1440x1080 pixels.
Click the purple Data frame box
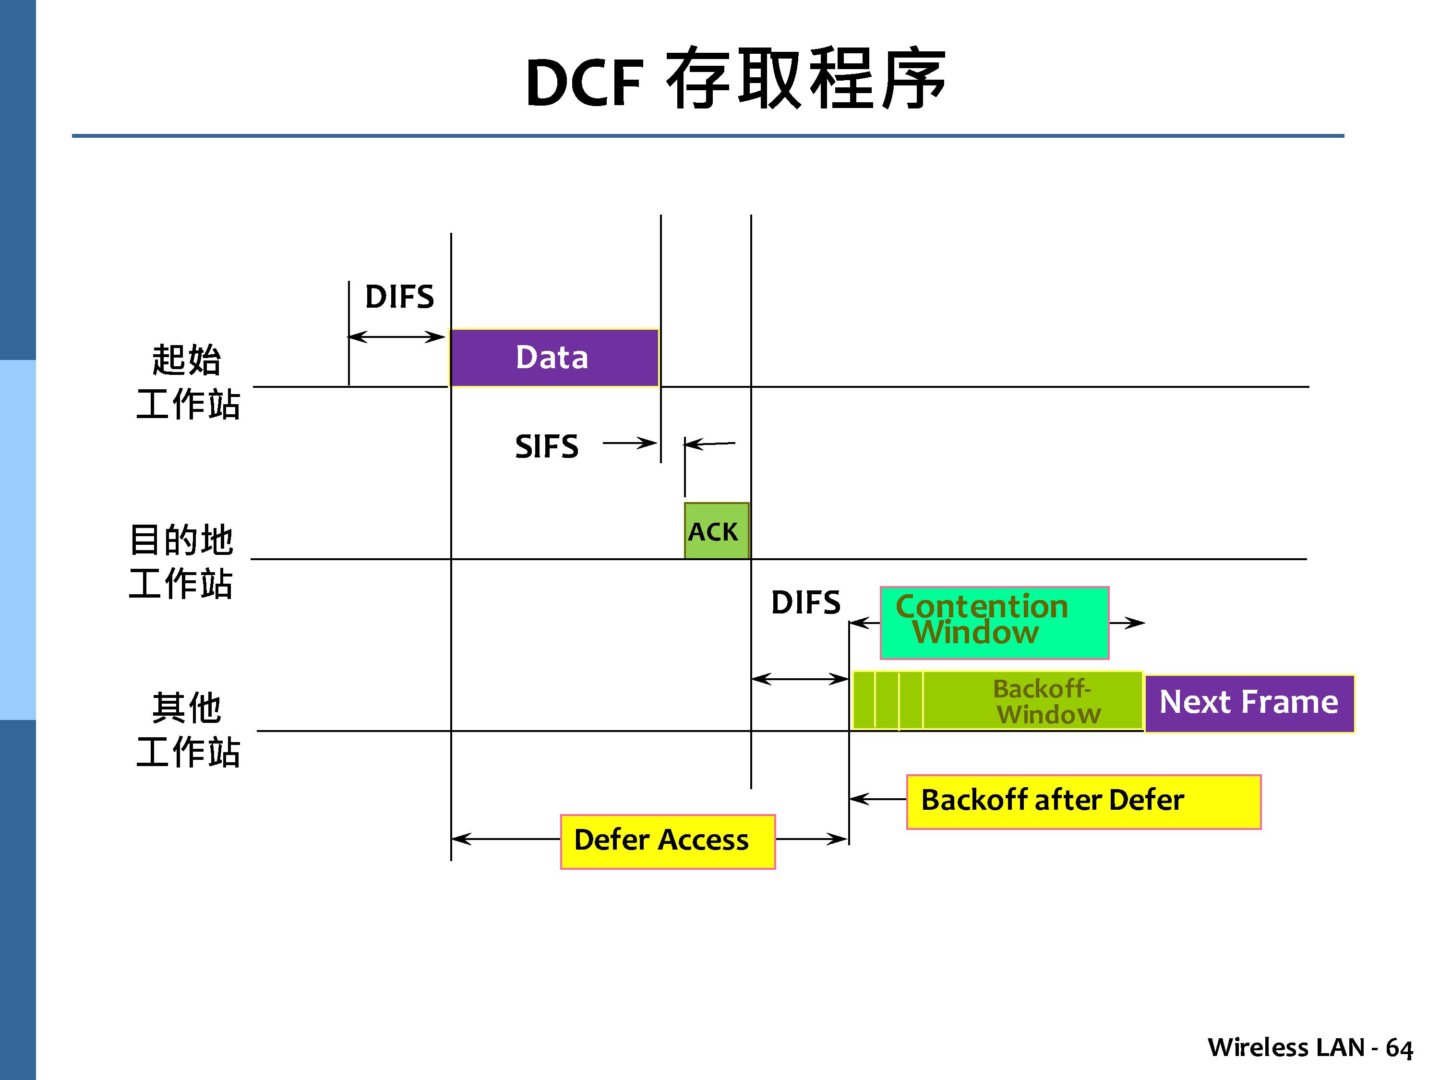554,358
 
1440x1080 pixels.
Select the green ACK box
716,530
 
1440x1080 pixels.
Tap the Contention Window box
994,623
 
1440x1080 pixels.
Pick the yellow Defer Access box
667,840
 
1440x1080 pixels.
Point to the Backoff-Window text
1046,702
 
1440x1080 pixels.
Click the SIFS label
546,446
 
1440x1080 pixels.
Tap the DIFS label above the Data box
399,297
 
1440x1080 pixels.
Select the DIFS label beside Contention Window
805,602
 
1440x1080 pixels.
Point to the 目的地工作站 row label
181,561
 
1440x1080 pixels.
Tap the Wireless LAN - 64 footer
1310,1047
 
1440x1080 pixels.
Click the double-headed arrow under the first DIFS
396,336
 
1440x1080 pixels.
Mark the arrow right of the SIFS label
629,444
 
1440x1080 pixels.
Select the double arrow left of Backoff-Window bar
800,679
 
